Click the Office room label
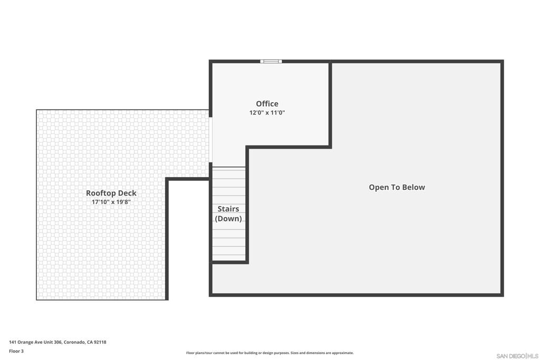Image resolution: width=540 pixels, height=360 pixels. point(267,104)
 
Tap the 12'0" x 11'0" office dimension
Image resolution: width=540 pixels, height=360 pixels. point(267,113)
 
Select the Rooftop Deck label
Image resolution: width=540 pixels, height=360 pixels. point(111,193)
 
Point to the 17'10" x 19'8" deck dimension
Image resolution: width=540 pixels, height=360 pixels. point(111,202)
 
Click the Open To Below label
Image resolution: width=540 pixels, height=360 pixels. point(397,187)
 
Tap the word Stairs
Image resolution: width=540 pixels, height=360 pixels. point(228,209)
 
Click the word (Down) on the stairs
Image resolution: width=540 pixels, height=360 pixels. point(228,219)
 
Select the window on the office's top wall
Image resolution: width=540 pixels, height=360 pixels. point(271,61)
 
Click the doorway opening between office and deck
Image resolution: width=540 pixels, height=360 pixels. point(210,140)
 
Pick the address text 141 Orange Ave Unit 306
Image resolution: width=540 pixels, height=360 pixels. point(35,342)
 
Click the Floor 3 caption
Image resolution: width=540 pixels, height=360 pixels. point(16,351)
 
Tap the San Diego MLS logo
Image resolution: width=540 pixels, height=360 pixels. point(517,356)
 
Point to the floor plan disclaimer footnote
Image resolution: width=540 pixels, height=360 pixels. point(269,353)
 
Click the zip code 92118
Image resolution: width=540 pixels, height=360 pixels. point(100,342)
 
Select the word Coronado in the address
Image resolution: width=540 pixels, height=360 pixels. point(74,342)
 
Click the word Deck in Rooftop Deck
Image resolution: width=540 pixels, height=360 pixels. point(128,193)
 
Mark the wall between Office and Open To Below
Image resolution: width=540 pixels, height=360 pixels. point(330,104)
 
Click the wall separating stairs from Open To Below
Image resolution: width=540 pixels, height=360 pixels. point(247,205)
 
